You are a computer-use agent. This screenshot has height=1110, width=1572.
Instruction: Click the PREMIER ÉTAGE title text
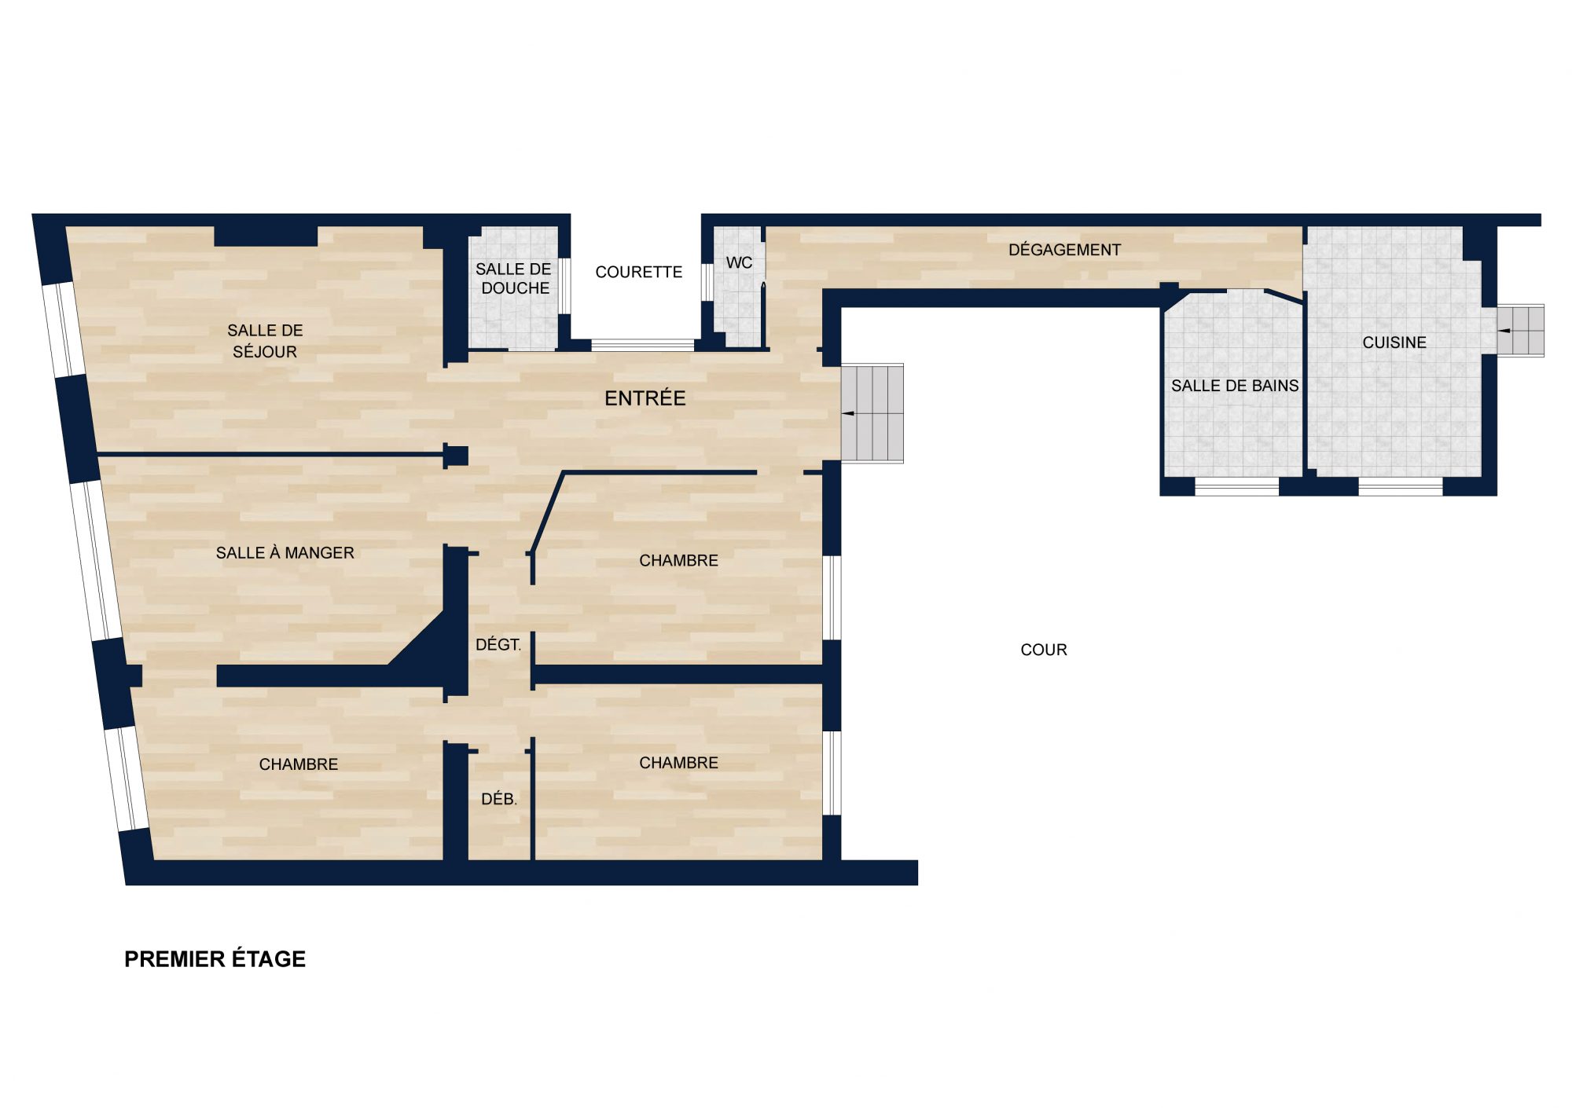215,959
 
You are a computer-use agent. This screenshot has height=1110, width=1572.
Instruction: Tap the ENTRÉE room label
645,398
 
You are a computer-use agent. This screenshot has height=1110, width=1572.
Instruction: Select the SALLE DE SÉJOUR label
265,341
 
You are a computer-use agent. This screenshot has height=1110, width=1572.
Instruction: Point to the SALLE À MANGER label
285,553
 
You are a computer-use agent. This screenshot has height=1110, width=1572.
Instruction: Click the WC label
739,262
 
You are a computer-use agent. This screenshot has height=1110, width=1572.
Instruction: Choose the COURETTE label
639,272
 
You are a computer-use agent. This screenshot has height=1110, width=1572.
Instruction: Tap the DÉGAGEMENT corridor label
1064,250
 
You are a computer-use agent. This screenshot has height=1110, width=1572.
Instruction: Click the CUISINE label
1394,343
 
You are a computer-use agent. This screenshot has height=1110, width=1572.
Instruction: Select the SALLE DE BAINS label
1235,386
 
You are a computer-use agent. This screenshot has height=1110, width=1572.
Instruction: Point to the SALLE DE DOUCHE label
514,279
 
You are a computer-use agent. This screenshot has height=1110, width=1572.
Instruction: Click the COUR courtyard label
1044,650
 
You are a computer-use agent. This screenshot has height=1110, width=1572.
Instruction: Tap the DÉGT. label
498,645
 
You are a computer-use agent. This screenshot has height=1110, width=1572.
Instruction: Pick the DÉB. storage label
499,800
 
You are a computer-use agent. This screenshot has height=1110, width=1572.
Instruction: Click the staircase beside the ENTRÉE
872,413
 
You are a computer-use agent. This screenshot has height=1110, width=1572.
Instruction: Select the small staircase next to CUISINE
1520,331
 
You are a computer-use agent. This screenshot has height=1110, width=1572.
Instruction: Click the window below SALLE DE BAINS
1236,487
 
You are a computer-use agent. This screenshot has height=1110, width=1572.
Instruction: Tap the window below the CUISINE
1401,487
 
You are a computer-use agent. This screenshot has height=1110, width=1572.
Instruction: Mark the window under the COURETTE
643,345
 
